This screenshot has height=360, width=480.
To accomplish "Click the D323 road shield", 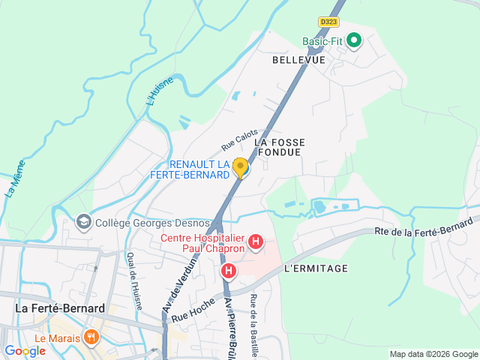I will (328, 22).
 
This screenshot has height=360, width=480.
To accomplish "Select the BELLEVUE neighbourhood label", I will (298, 59).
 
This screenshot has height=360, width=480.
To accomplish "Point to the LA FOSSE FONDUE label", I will (277, 146).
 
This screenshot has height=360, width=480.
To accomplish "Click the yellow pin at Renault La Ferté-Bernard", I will (240, 167).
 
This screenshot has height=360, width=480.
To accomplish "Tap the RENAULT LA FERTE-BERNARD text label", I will (199, 169).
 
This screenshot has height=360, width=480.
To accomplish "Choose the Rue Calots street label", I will (239, 139).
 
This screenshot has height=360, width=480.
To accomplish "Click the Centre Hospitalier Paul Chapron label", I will (202, 244).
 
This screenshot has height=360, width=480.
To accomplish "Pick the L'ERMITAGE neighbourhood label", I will (316, 268).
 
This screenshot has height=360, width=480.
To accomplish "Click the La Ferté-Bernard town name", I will (60, 307).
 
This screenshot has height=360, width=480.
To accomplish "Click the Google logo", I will (25, 351).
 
